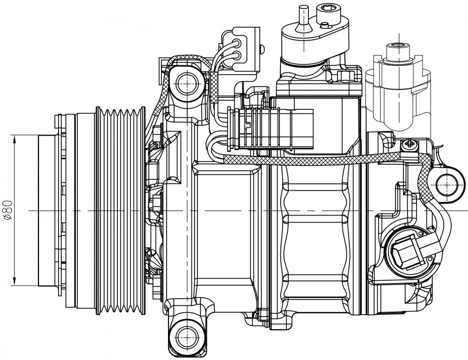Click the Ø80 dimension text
point(8,210)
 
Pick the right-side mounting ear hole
point(447,185)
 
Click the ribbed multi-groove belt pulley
point(120,210)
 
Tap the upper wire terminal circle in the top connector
point(238,43)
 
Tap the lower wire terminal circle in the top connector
point(238,55)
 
